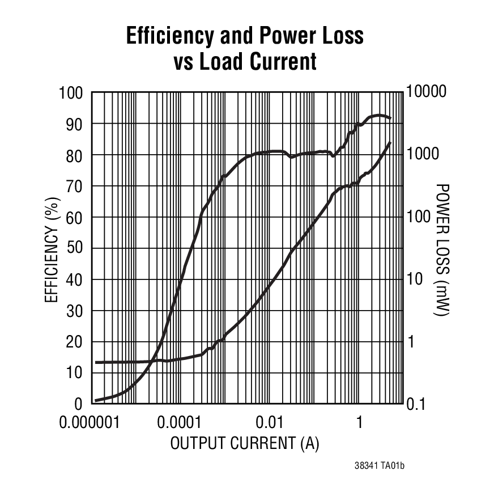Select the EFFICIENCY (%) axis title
coord(51,249)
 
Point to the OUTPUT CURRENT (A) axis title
coord(245,443)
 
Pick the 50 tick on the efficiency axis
coord(75,248)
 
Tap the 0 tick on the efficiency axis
coord(79,404)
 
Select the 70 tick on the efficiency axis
coord(75,186)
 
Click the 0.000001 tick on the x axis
coord(92,423)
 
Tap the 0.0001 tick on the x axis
coord(180,423)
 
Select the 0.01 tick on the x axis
coord(269,423)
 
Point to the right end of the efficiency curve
coord(390,118)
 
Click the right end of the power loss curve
coord(390,143)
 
